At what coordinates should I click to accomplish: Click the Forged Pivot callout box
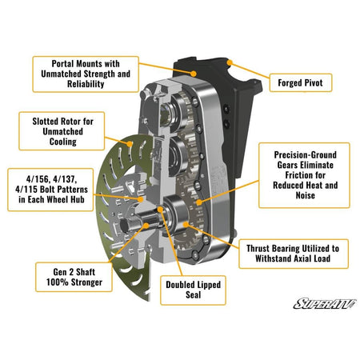(x=305, y=81)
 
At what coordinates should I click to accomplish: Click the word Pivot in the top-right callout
(x=322, y=81)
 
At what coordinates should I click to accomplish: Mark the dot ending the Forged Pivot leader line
(x=229, y=60)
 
